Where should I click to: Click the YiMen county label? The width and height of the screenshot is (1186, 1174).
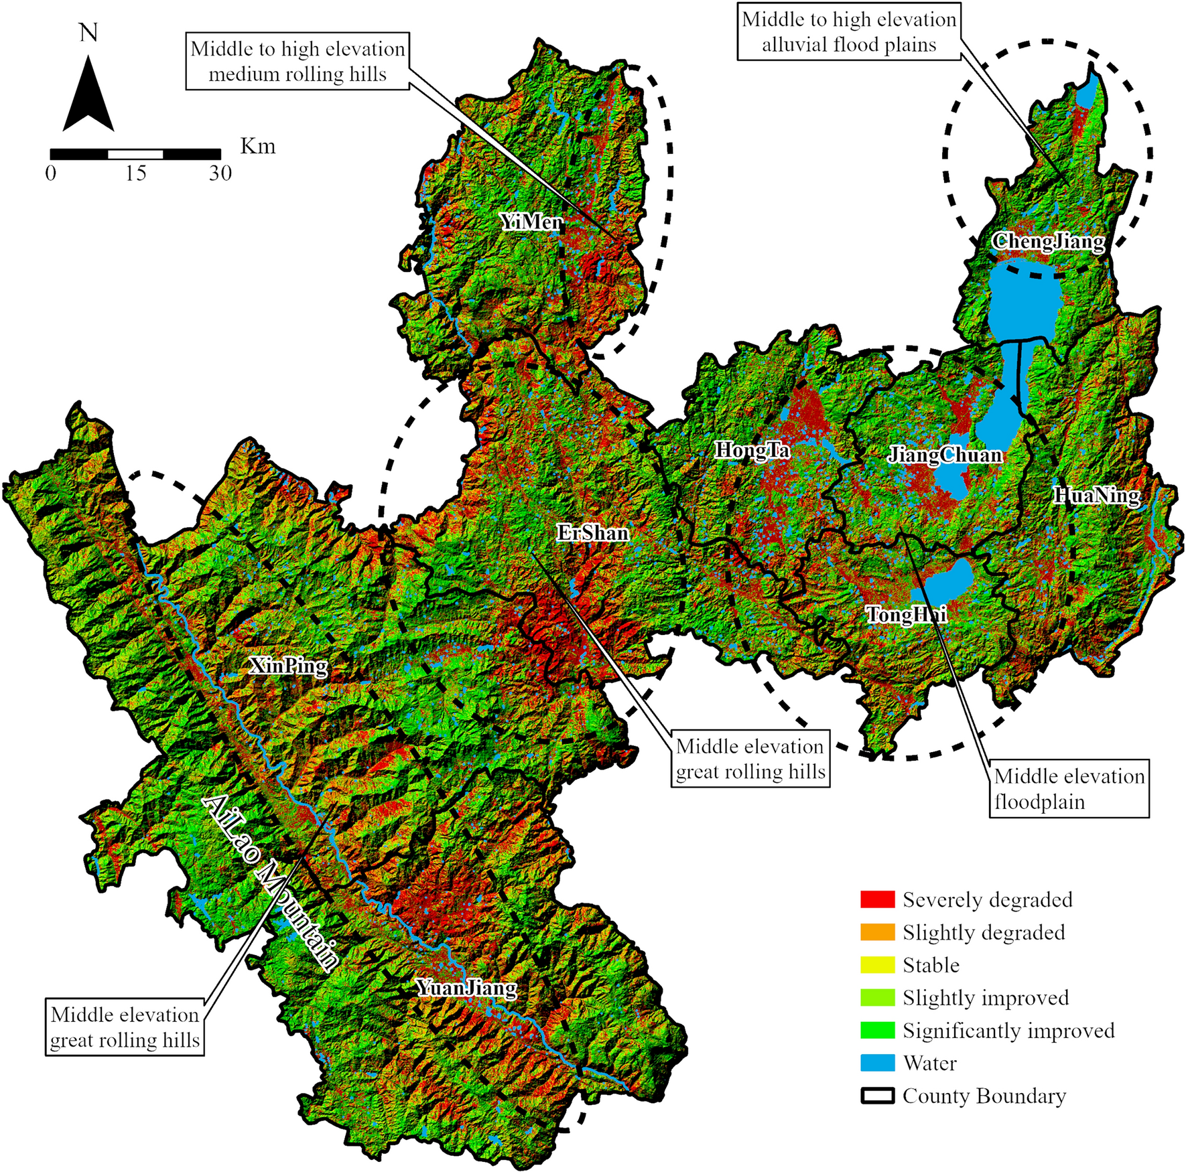pos(531,222)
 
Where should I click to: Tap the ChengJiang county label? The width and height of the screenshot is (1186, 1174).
pos(1048,241)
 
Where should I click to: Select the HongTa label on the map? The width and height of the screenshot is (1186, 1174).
pos(752,450)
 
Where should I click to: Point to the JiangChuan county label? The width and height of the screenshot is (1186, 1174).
pos(945,455)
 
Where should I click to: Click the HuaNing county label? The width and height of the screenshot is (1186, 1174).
pos(1097,496)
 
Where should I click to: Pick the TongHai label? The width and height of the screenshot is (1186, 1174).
pos(906,614)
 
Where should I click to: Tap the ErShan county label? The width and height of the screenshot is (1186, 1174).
pos(593,533)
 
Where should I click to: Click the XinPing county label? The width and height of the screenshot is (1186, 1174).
pos(288,666)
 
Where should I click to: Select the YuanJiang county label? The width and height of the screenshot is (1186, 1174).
pos(466,988)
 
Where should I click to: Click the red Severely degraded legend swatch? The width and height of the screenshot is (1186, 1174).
pos(877,899)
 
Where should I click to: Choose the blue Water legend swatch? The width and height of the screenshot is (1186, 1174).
pos(877,1063)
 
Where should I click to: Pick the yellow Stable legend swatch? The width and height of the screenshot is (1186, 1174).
pos(877,965)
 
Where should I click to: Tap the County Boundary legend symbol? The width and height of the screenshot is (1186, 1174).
pos(877,1096)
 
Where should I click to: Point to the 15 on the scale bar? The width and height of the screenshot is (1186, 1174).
pos(135,173)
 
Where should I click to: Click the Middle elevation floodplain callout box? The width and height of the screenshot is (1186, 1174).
pos(1069,788)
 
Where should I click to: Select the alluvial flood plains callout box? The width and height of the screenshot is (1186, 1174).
pos(849,32)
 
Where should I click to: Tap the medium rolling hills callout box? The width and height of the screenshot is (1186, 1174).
pos(298,61)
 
